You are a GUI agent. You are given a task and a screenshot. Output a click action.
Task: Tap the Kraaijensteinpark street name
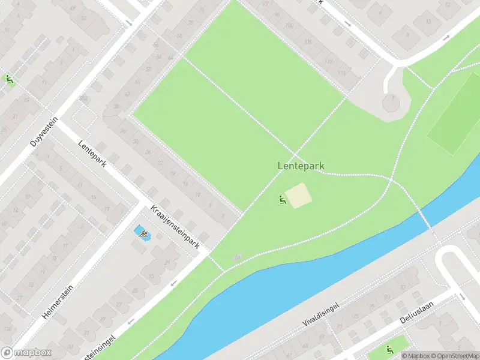coord(175,226)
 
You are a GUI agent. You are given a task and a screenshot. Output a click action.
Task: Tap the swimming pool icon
coord(142,233)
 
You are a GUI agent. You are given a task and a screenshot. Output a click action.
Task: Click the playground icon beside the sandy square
coord(281,199)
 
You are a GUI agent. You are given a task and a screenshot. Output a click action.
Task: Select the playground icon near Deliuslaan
coord(389,349)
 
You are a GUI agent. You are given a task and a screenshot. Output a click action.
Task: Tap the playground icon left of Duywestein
coord(9,79)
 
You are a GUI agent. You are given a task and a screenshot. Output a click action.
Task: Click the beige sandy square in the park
coord(298,196)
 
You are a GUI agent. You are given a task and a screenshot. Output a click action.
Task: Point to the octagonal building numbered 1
coord(392,103)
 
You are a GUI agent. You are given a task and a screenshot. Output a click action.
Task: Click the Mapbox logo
coord(26,353)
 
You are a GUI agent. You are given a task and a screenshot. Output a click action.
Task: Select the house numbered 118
coord(343,73)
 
